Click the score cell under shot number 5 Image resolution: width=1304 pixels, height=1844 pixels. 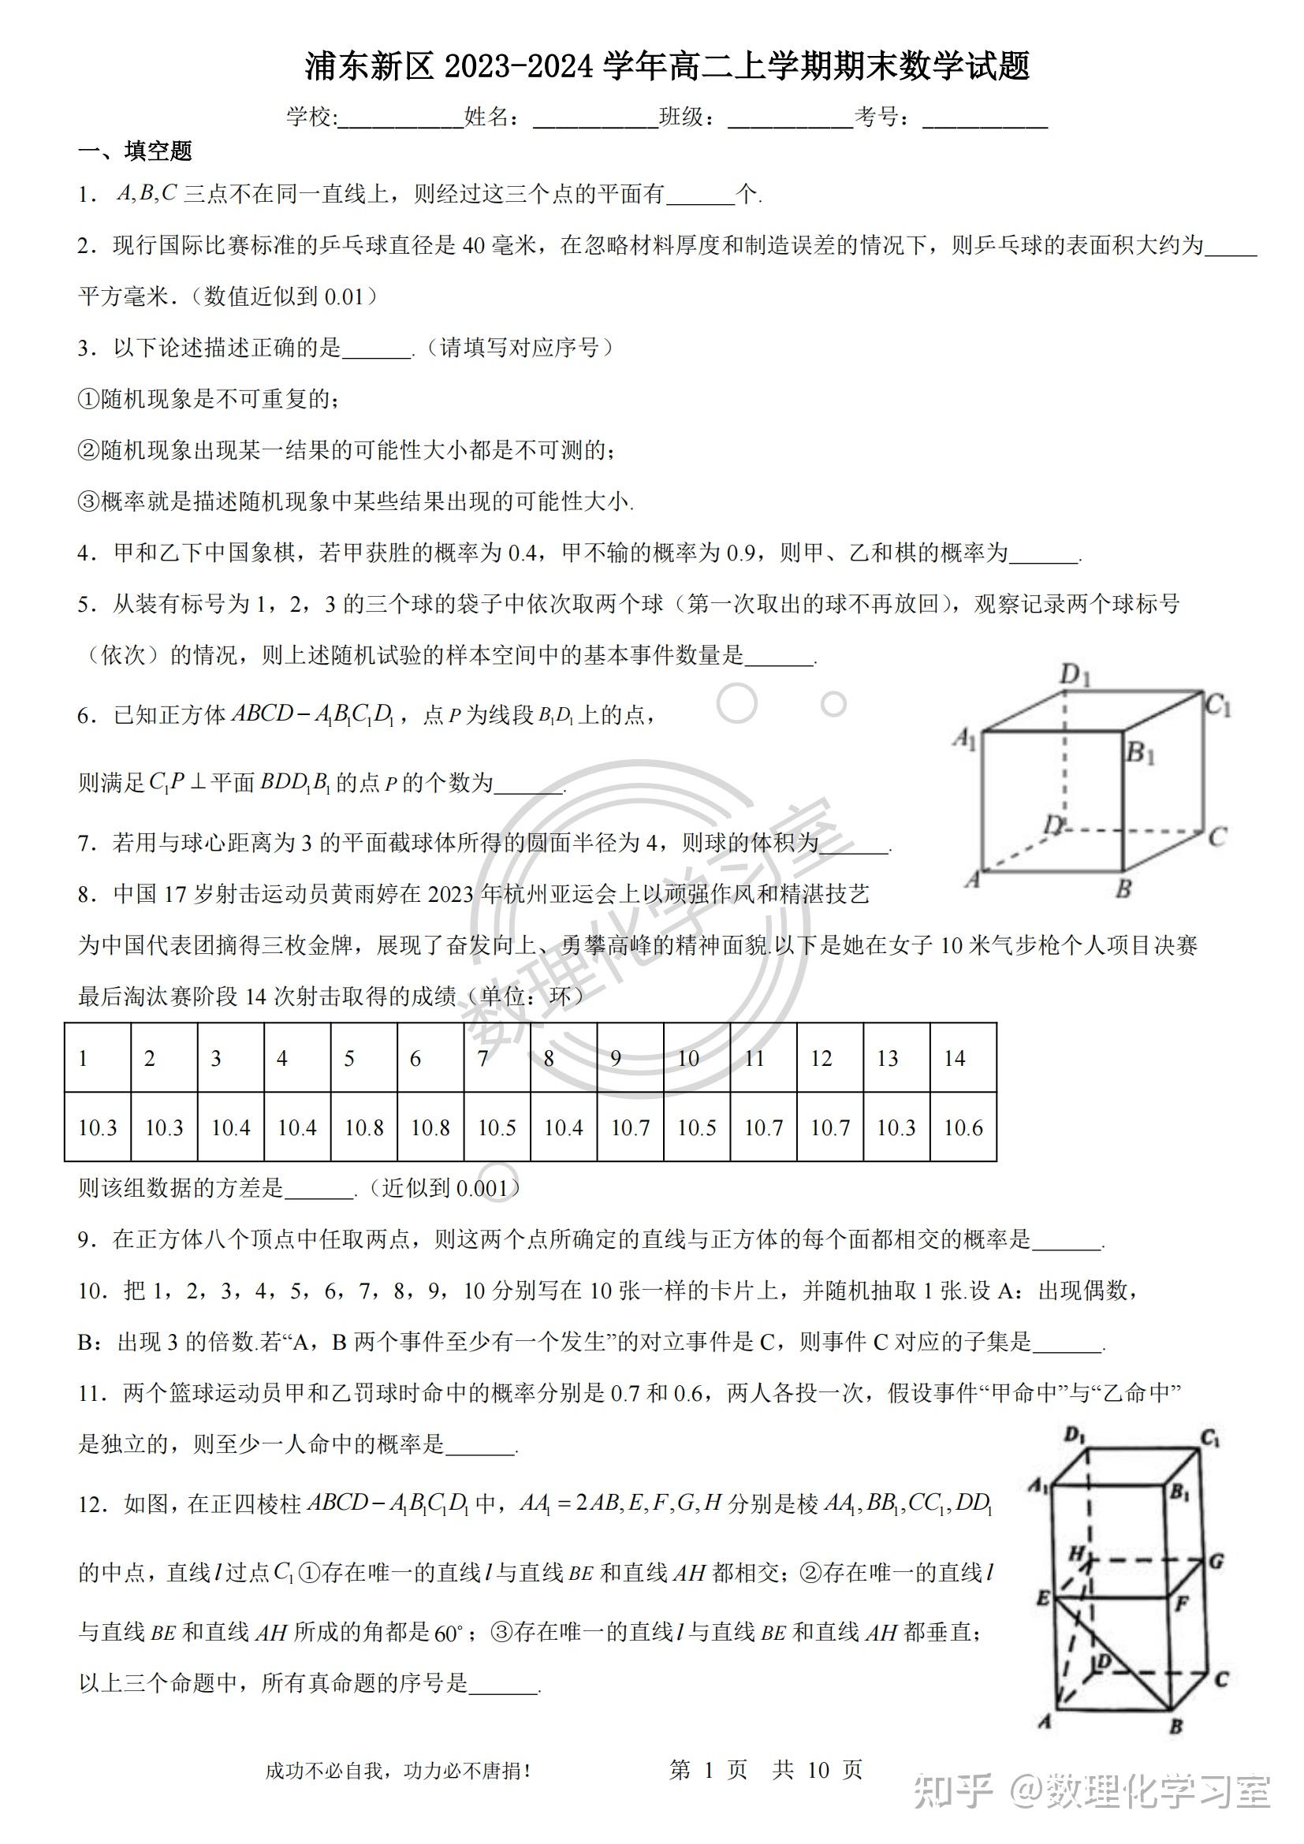363,1127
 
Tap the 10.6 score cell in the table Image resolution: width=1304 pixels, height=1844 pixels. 963,1127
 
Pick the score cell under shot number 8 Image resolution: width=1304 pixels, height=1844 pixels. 563,1127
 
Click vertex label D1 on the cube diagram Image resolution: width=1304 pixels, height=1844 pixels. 1075,675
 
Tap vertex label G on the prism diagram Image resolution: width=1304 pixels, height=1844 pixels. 1216,1561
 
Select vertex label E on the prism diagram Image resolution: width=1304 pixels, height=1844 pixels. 1042,1598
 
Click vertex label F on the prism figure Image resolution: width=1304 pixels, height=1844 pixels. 1181,1604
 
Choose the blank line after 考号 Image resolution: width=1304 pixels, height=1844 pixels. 985,119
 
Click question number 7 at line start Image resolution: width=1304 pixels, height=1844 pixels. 86,844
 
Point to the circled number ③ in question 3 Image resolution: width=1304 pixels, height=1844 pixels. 88,502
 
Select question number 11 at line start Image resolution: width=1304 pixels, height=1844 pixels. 91,1393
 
